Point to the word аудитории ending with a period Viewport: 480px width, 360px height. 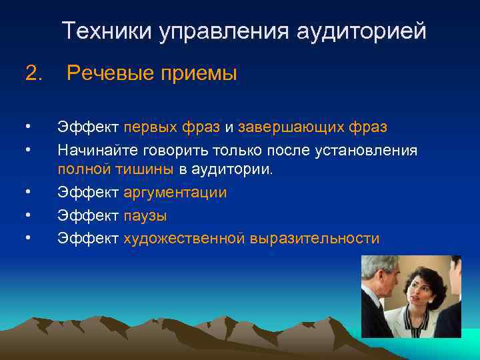coord(232,169)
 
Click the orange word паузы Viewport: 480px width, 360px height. coord(145,216)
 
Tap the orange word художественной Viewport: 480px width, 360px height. coord(184,239)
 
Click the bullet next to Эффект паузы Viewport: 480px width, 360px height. coord(27,215)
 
